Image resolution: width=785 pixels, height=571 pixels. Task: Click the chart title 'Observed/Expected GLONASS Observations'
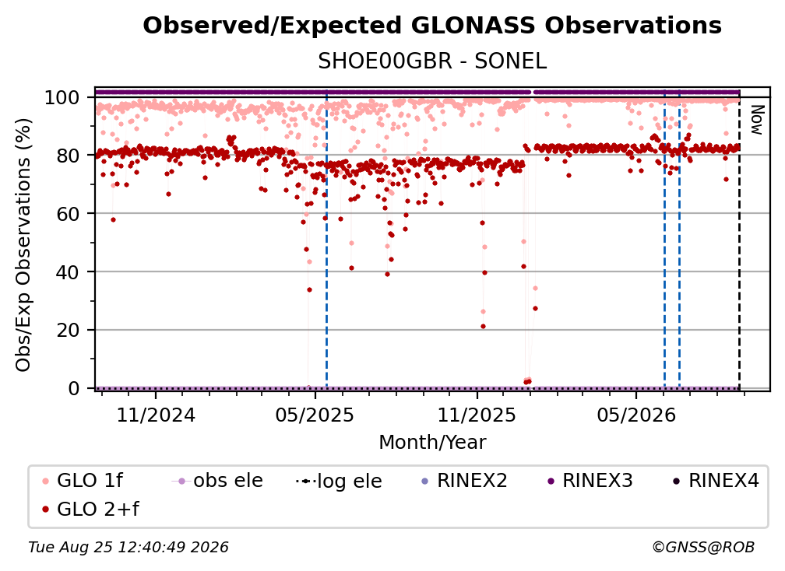432,26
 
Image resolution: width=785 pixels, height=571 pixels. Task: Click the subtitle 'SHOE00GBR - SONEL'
432,61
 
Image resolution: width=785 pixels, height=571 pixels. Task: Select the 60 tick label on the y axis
68,214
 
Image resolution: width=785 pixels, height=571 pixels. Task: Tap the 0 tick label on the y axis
74,388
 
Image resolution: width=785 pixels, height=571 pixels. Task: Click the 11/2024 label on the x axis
156,415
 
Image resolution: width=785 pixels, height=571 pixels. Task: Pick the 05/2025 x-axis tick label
315,415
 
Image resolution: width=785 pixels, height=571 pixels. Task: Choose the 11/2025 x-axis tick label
477,415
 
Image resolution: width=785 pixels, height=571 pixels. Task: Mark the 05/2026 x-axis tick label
635,415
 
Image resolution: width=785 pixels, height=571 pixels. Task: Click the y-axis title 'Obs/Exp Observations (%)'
23,244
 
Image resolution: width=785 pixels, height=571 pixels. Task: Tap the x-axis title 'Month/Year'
432,443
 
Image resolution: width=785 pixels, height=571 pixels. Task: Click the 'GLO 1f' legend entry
83,481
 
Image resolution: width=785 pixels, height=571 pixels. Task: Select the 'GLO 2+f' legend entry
90,510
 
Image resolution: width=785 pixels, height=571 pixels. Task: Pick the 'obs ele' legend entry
217,481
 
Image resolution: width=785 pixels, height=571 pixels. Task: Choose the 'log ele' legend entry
339,482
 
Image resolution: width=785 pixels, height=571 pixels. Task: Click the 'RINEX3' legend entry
590,481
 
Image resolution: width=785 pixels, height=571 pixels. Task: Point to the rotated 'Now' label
757,120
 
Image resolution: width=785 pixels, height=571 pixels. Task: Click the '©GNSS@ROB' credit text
703,548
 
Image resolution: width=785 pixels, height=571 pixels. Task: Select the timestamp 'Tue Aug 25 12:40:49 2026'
128,548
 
